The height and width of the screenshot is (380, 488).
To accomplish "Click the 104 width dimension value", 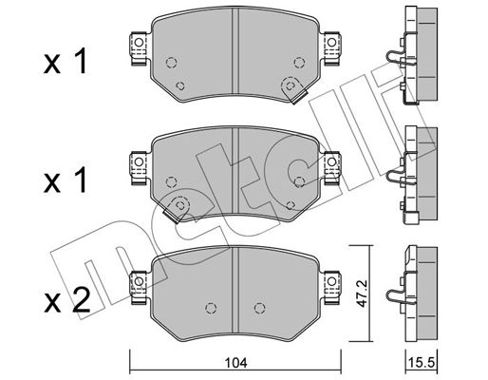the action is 236,362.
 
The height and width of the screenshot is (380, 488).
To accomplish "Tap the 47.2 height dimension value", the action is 361,294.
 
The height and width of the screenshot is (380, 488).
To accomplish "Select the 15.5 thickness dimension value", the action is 422,362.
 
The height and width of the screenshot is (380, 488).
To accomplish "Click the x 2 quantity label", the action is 66,300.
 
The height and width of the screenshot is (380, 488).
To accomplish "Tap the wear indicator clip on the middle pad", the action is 176,209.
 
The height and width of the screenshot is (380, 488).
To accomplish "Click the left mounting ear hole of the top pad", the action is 139,42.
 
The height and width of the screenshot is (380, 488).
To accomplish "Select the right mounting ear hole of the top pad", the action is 331,42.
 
